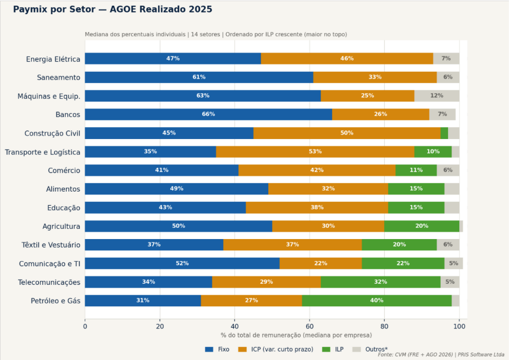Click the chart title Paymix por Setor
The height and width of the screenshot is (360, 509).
(x=112, y=10)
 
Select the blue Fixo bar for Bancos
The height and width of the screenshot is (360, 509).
(x=208, y=114)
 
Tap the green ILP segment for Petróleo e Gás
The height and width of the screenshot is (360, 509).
(x=376, y=301)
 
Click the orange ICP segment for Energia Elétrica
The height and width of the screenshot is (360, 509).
(x=347, y=59)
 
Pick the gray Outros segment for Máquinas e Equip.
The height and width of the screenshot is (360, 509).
(x=436, y=96)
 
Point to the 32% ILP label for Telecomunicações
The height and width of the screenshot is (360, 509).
(x=380, y=282)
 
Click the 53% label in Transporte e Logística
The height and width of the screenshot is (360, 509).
(x=315, y=151)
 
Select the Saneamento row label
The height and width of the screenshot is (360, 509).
(x=58, y=77)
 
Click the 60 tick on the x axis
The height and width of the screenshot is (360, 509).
(x=310, y=326)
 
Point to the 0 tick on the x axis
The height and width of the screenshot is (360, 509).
(x=85, y=326)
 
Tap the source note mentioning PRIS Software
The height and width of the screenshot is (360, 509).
(x=441, y=355)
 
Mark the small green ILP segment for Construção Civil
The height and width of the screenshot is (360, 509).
(x=444, y=133)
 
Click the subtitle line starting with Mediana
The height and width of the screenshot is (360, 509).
(x=216, y=34)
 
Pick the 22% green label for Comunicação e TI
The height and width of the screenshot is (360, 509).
(x=403, y=263)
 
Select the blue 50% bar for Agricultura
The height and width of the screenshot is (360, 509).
(x=178, y=226)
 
